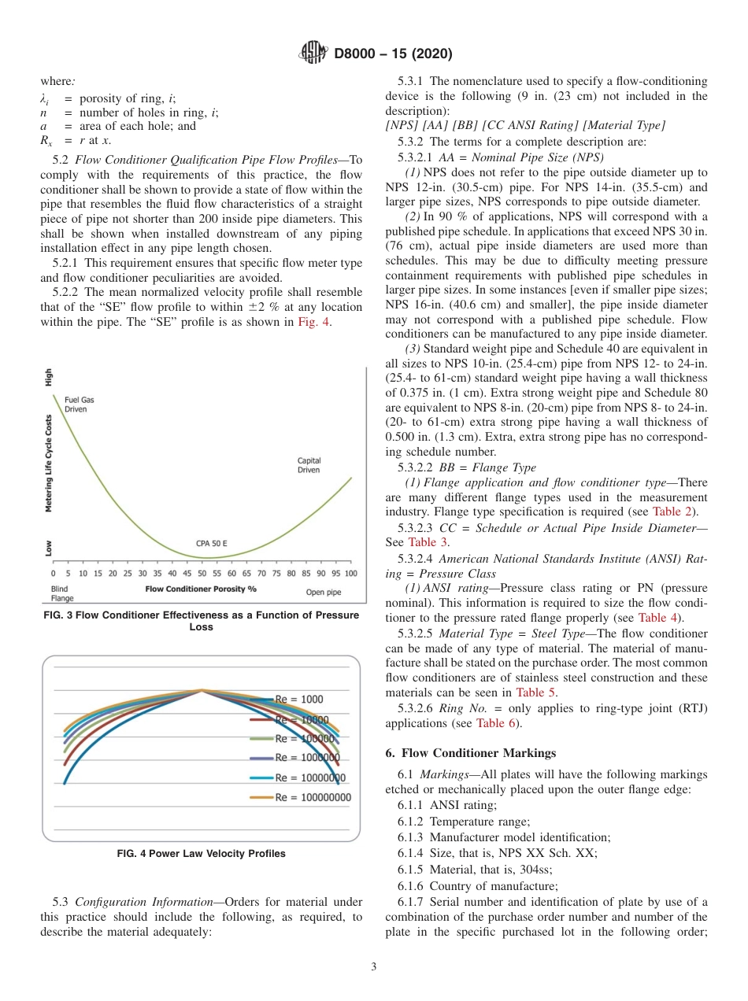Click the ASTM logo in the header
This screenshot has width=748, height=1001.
pos(314,54)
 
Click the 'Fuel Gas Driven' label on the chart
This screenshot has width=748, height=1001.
pos(79,404)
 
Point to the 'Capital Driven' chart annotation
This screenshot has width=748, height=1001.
pos(309,465)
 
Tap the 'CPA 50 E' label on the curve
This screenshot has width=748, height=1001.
pos(212,543)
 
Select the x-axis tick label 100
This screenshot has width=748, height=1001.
pos(350,574)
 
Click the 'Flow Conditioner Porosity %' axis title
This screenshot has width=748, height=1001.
pos(201,588)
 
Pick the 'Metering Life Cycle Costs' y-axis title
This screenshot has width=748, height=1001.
pos(49,464)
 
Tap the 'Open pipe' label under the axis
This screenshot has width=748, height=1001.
pos(323,592)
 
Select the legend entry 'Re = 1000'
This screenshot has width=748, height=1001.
pos(298,699)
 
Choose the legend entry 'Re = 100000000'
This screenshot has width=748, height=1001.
pos(313,797)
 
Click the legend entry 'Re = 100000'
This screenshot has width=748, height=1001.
pos(305,738)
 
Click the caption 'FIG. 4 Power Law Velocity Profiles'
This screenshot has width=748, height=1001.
pos(201,853)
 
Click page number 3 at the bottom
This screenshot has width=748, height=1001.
pos(374,966)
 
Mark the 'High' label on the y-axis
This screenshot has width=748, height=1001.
pos(49,377)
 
